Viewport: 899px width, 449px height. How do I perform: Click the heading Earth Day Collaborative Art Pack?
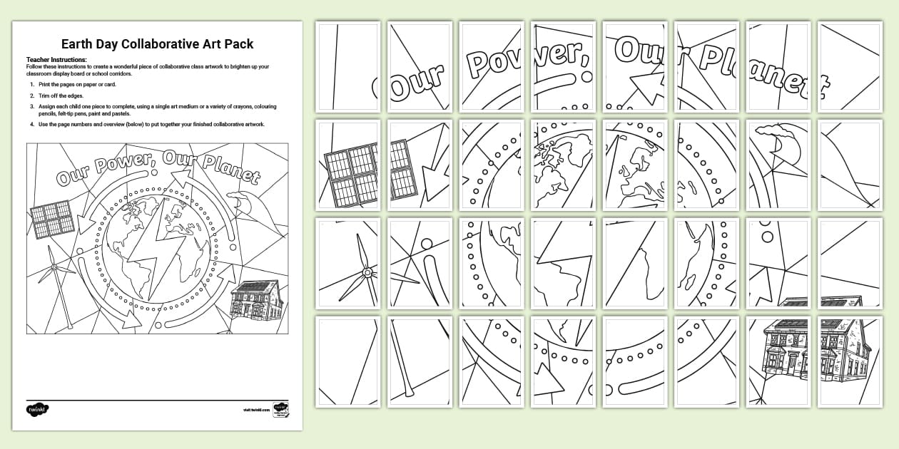point(157,44)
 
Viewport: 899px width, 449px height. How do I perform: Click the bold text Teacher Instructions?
point(56,60)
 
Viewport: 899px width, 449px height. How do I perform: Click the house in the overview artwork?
point(257,300)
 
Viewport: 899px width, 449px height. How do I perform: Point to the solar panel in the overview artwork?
point(53,220)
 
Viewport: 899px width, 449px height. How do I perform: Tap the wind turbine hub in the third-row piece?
point(367,272)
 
